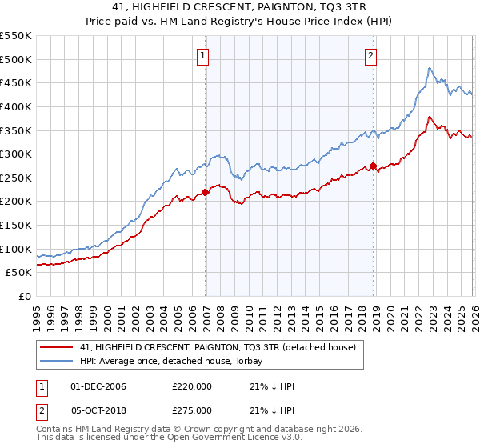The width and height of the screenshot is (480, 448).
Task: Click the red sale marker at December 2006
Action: click(205, 192)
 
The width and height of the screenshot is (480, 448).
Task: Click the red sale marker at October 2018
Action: click(373, 166)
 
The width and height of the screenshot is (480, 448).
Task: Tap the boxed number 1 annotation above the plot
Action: click(203, 56)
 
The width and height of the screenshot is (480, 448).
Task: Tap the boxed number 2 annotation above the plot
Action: click(371, 56)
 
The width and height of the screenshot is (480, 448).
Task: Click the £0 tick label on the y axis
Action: click(26, 297)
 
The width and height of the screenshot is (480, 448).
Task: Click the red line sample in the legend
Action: click(56, 347)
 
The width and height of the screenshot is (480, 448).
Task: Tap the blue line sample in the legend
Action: click(56, 361)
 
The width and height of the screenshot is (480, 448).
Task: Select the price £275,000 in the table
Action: click(192, 410)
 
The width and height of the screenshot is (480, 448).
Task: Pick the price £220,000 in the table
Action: click(192, 386)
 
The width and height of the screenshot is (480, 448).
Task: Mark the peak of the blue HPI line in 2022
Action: click(430, 69)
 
